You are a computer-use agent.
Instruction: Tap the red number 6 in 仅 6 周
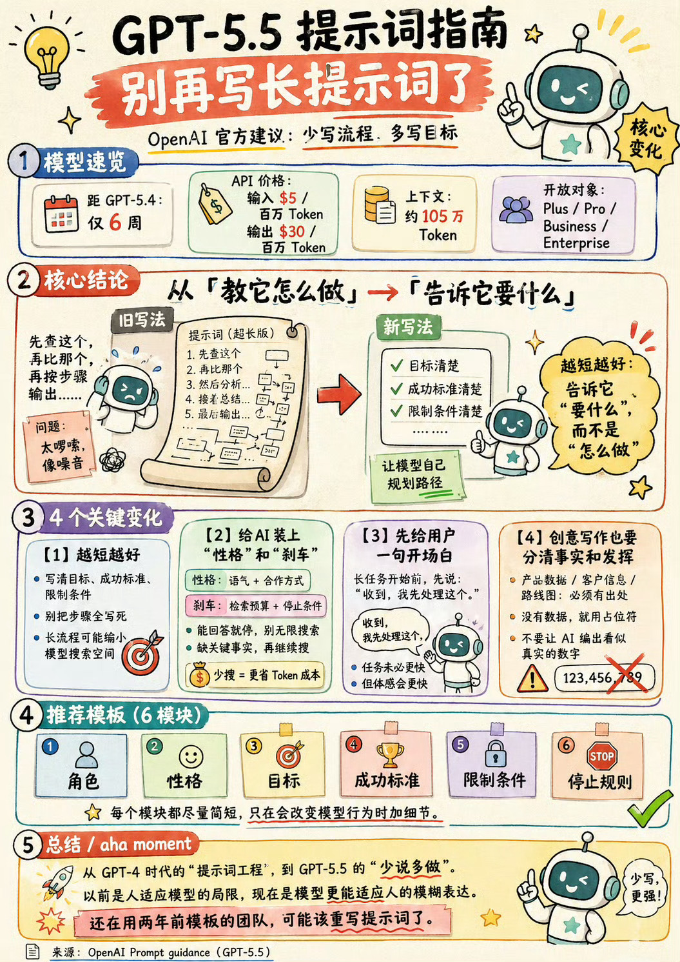pos(115,223)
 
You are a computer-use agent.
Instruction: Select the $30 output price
pos(292,231)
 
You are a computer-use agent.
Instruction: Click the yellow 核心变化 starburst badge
pos(646,139)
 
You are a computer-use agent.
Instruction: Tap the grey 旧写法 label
pos(141,320)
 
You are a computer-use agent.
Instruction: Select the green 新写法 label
pos(408,327)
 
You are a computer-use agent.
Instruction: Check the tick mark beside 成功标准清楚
pos(397,388)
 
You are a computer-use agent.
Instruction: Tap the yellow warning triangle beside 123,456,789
pos(532,677)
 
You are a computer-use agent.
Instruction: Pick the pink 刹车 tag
pos(205,605)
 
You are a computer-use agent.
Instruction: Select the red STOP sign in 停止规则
pos(601,756)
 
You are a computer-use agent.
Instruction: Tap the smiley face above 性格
pos(191,756)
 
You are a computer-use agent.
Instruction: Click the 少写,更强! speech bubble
pos(645,887)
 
